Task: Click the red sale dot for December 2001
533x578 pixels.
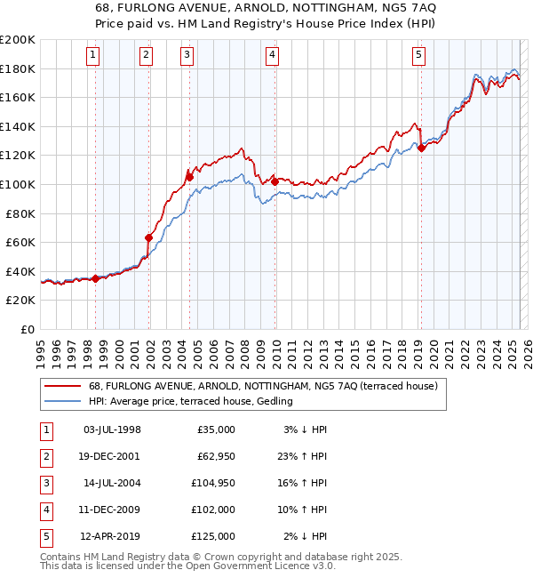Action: click(x=149, y=237)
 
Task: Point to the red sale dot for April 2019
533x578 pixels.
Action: click(x=421, y=148)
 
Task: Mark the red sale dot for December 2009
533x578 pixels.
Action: click(x=274, y=181)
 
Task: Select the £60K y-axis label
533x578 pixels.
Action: click(x=20, y=242)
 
